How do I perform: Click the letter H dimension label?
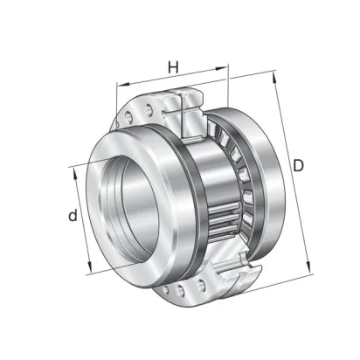173,67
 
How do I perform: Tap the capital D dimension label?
298,166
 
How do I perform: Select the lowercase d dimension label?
73,215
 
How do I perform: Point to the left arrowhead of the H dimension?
122,84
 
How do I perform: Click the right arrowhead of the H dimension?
221,68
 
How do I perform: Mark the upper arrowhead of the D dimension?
274,77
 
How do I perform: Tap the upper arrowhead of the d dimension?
74,174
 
